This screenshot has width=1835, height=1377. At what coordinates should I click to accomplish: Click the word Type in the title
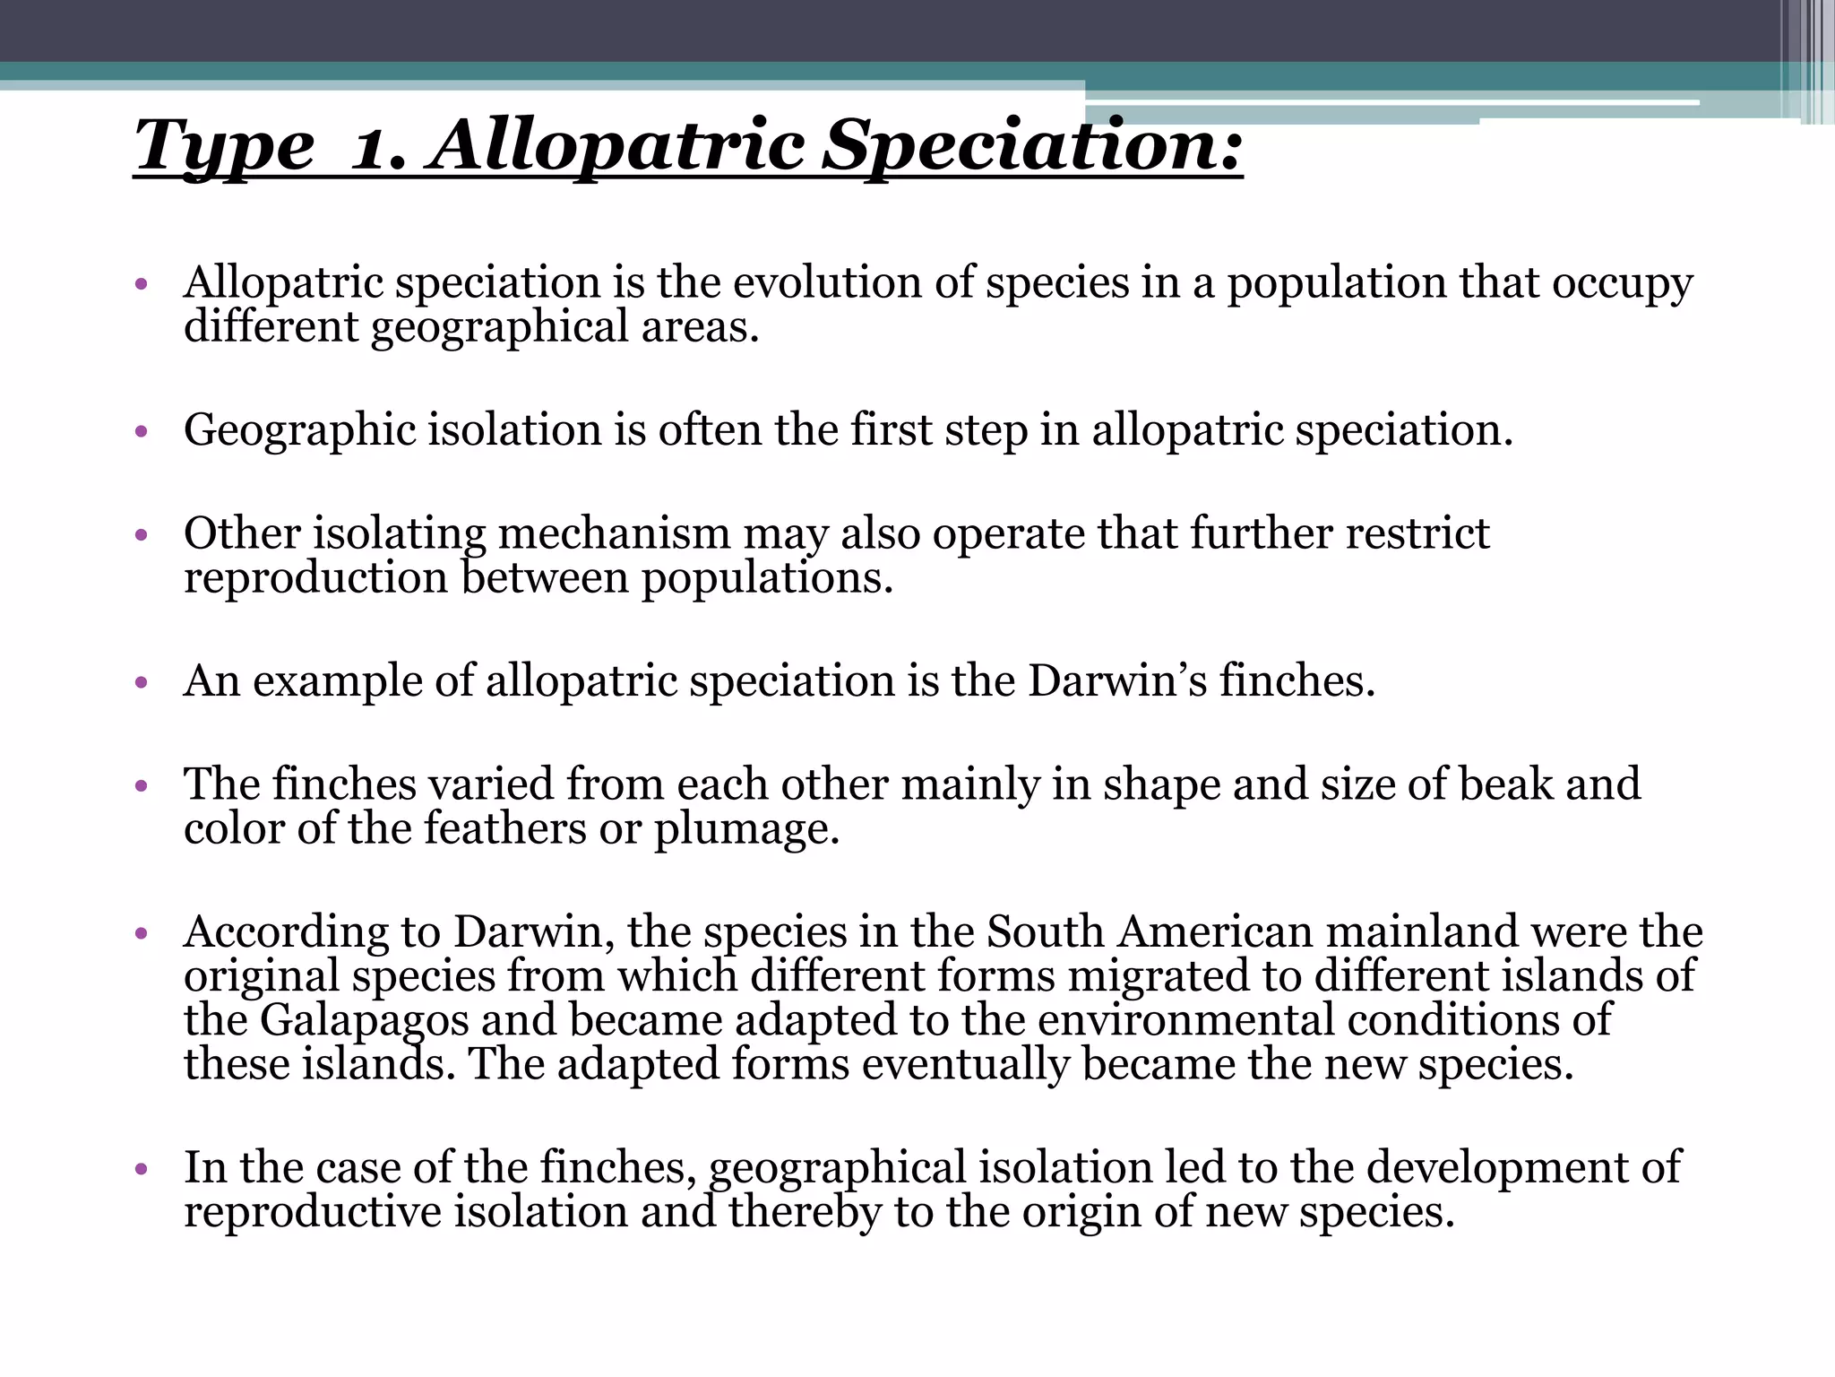pos(224,146)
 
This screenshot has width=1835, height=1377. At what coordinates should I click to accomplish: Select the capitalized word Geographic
pos(299,430)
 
